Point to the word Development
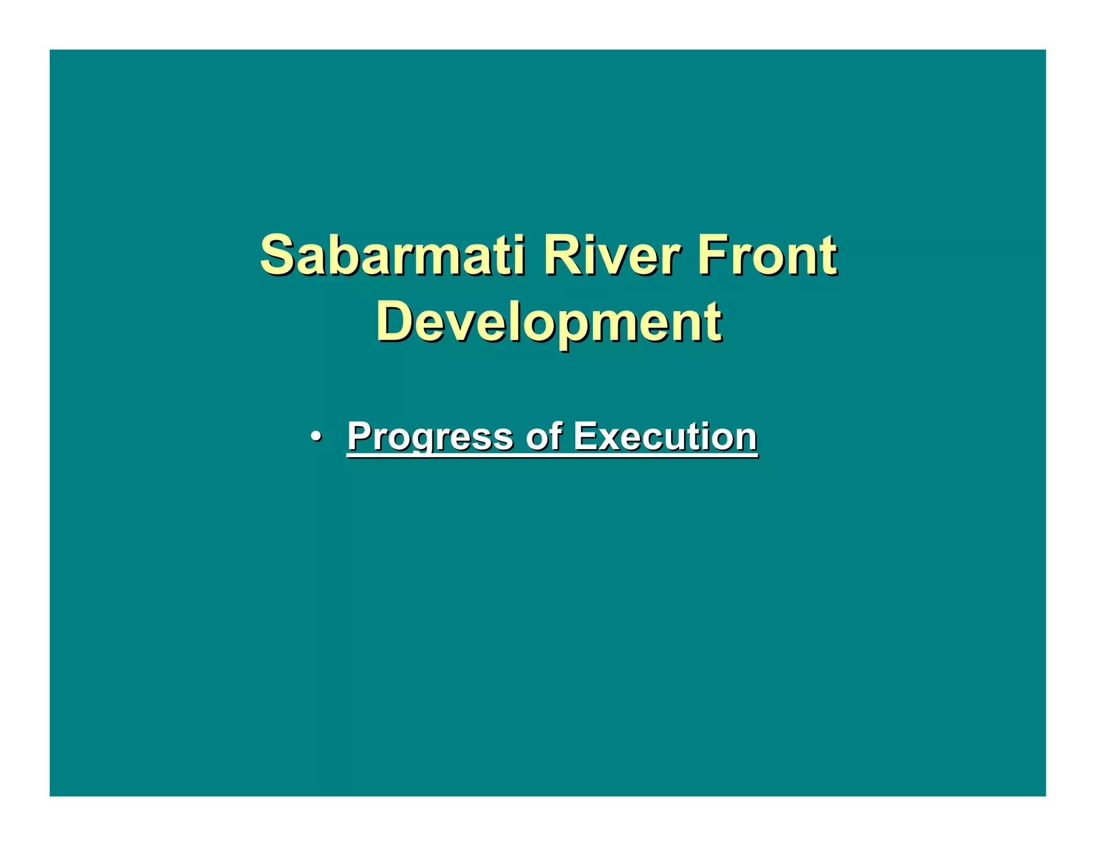point(549,322)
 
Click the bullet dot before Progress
point(316,436)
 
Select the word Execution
point(665,436)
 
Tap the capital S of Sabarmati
point(278,256)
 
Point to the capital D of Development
point(395,321)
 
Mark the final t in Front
point(828,257)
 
